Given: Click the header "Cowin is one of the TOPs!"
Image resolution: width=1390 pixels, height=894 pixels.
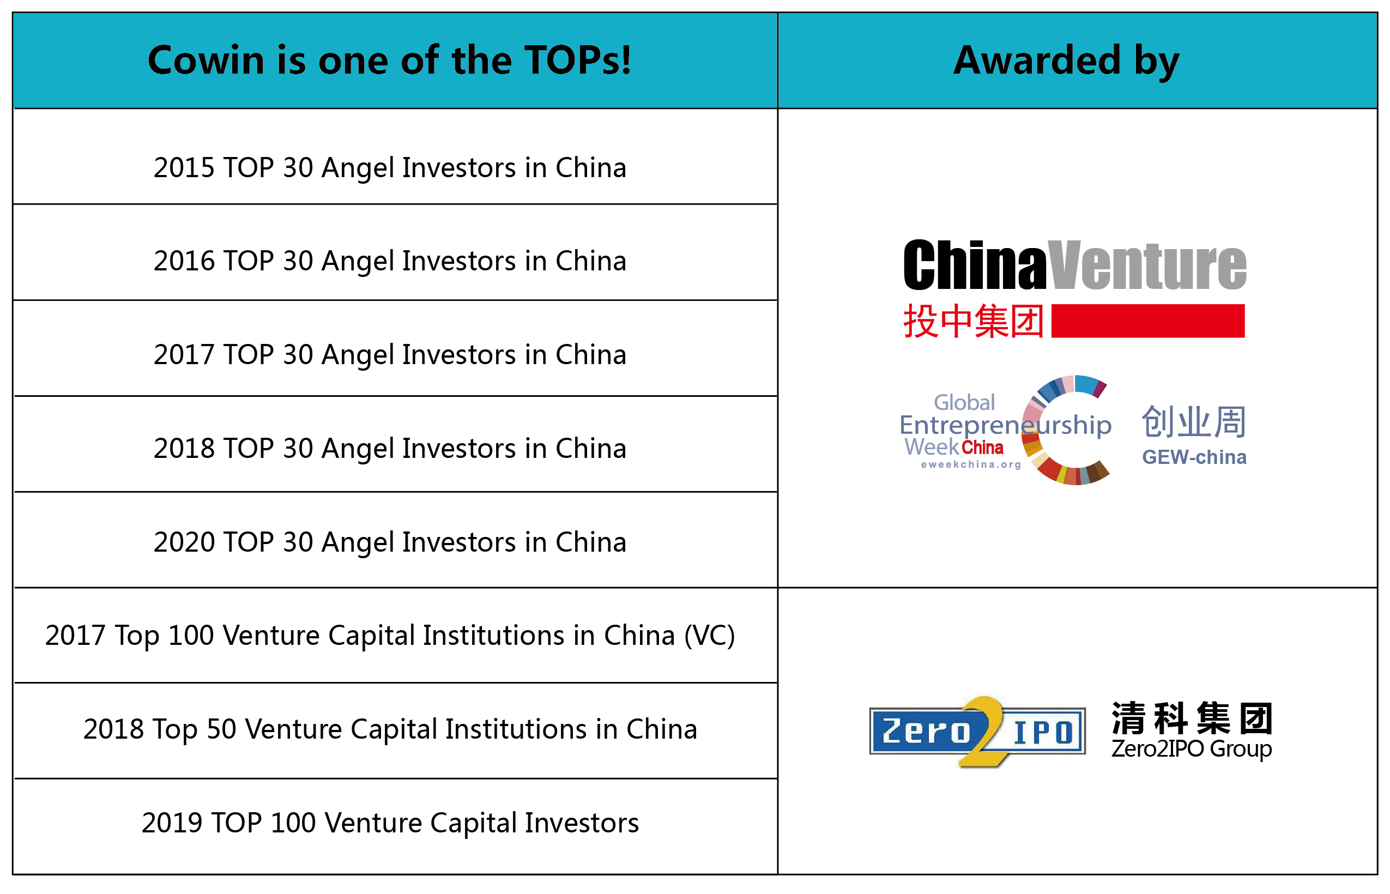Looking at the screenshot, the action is click(x=389, y=60).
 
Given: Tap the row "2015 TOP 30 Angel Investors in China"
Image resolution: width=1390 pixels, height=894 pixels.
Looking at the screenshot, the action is click(x=390, y=168).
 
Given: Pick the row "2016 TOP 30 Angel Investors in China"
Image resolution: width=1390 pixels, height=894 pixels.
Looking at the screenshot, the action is click(x=390, y=261).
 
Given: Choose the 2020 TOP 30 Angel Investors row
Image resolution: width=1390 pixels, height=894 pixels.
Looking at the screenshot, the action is click(x=390, y=542).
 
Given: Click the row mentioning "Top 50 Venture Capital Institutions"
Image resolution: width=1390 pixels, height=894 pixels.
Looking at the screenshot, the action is click(x=390, y=729).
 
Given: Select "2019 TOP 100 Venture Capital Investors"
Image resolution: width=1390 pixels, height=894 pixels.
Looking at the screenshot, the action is click(x=390, y=823).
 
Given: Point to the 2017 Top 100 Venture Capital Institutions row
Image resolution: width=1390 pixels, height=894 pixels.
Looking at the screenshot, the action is click(x=390, y=636).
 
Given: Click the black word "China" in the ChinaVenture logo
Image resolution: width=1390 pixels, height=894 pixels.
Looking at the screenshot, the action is click(x=975, y=265).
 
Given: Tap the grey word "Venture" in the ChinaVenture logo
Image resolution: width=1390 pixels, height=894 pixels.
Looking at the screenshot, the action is click(x=1147, y=265).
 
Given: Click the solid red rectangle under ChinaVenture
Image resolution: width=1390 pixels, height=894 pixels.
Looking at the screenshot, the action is click(x=1148, y=321).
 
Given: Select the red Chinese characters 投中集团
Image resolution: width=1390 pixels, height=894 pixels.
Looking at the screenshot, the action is click(x=974, y=321).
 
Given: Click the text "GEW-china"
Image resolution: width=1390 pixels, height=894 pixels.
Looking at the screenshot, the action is click(x=1194, y=457).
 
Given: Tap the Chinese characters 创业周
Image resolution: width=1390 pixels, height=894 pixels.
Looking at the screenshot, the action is click(x=1194, y=421).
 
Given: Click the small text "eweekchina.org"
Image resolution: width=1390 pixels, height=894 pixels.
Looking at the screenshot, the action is click(x=971, y=464).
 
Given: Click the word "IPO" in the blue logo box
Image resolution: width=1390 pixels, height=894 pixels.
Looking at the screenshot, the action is click(x=1043, y=732).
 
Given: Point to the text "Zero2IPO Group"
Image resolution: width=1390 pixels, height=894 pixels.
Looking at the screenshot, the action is click(x=1192, y=749).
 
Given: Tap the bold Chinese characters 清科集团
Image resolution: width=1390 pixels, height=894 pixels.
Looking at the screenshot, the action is click(x=1192, y=718).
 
